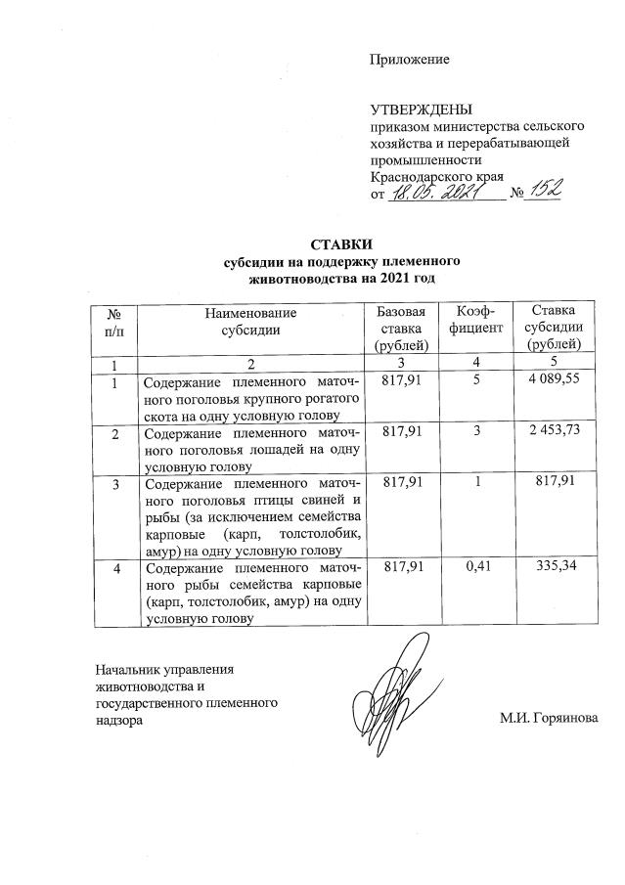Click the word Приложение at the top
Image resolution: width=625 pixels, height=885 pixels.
(x=409, y=60)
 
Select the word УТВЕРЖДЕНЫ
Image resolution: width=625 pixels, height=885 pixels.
(x=421, y=109)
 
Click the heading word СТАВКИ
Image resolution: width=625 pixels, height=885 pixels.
(x=341, y=243)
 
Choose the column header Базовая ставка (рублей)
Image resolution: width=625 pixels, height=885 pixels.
(x=401, y=328)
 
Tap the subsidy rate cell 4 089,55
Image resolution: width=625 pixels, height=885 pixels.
(x=553, y=378)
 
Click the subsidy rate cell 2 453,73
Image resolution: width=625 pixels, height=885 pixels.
(x=553, y=431)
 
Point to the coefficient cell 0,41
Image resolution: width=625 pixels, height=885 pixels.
(x=472, y=568)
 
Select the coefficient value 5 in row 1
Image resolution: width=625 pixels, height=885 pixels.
(x=472, y=378)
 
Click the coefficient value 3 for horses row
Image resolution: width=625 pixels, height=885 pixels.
(x=472, y=431)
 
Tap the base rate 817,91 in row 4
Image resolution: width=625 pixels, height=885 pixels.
(x=402, y=568)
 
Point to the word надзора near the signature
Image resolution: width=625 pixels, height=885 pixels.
(x=120, y=720)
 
